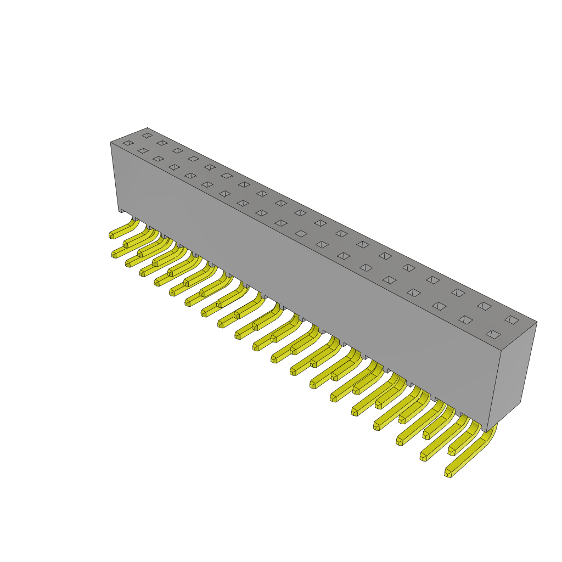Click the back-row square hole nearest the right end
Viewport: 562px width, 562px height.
tap(512, 319)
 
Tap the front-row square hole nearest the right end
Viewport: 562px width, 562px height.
tap(493, 334)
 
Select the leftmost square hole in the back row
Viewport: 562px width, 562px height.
tap(147, 135)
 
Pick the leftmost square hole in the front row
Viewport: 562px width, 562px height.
tap(128, 143)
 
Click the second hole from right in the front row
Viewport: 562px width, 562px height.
tap(465, 320)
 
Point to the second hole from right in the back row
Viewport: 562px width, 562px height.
tap(484, 306)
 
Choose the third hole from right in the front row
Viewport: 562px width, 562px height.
tap(439, 306)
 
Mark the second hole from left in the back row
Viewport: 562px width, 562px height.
tap(162, 143)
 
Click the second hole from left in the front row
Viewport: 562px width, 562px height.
tap(143, 151)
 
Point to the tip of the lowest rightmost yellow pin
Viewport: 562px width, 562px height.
tap(448, 473)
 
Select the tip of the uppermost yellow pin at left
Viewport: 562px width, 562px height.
tap(111, 235)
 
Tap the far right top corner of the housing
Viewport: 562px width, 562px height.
tap(537, 322)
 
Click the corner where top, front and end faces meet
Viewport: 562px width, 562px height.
tap(501, 351)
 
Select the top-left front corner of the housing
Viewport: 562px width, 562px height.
tap(111, 143)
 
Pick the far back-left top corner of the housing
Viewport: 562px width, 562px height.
tap(147, 128)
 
